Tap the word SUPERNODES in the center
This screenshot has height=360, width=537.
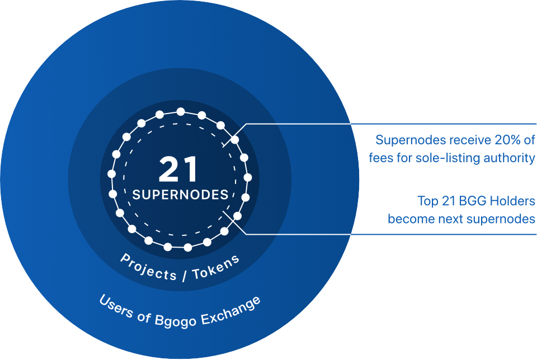[180, 195]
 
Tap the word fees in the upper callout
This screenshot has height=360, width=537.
[381, 158]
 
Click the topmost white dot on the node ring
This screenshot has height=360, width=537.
[180, 112]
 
